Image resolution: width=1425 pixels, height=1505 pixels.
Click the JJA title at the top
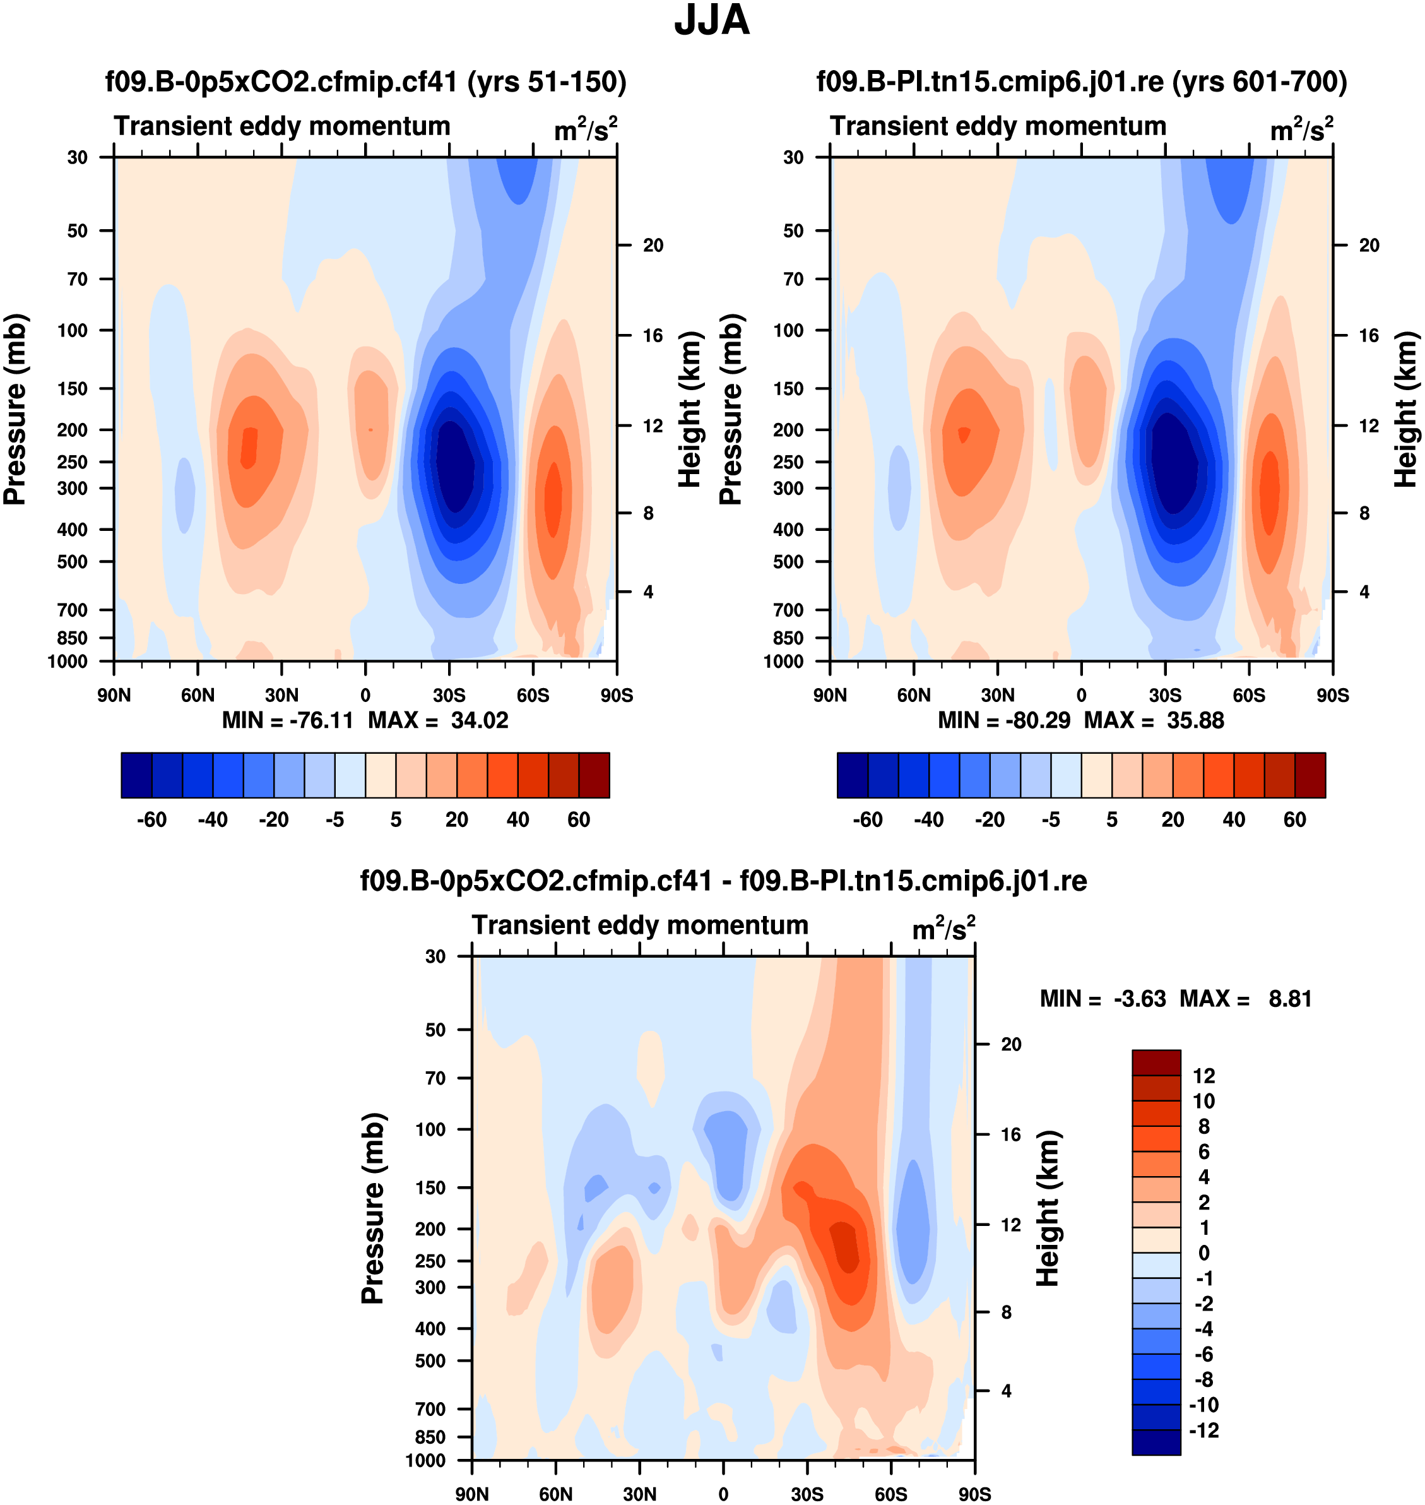[712, 20]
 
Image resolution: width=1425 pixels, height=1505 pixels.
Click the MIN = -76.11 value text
[288, 720]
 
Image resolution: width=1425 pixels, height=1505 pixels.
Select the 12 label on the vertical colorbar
[1204, 1076]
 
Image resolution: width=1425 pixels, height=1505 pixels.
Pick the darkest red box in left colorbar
[594, 775]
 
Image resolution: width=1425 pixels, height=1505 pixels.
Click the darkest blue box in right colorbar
[852, 775]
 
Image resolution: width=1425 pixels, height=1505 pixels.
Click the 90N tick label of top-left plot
[114, 695]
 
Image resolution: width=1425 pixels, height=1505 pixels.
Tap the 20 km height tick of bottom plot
[1011, 1045]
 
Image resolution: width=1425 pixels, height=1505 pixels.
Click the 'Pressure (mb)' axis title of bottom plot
[373, 1208]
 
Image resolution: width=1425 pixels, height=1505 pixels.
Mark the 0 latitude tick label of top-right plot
[1081, 695]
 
